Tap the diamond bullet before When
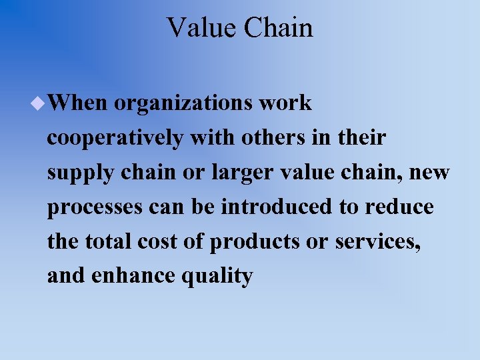pyautogui.click(x=39, y=103)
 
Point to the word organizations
pyautogui.click(x=183, y=104)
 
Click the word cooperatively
pyautogui.click(x=115, y=139)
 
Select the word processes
pyautogui.click(x=94, y=208)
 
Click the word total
pyautogui.click(x=109, y=242)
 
